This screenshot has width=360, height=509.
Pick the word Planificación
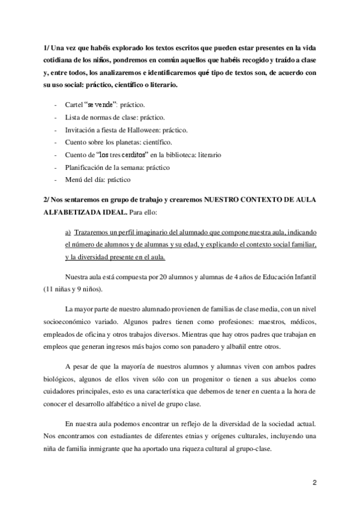tap(87, 167)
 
